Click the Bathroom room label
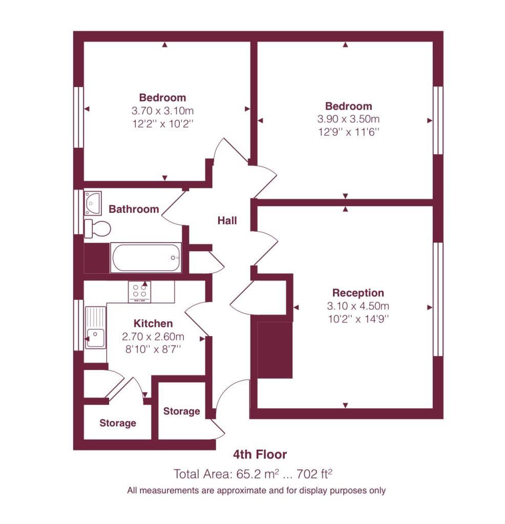(134, 209)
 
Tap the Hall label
(227, 221)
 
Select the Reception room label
(358, 293)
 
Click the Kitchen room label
(153, 323)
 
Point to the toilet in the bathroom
(97, 229)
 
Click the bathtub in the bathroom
(146, 257)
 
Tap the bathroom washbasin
(93, 203)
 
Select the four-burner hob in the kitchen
(139, 291)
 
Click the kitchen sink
(95, 328)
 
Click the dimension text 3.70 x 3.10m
(162, 111)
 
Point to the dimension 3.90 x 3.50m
(348, 119)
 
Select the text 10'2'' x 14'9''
(358, 319)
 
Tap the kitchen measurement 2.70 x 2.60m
(153, 337)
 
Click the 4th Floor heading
(260, 454)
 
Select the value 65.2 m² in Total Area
(258, 474)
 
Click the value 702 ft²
(314, 474)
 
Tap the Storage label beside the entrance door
(182, 411)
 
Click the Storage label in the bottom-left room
(118, 423)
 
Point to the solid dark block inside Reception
(275, 350)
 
